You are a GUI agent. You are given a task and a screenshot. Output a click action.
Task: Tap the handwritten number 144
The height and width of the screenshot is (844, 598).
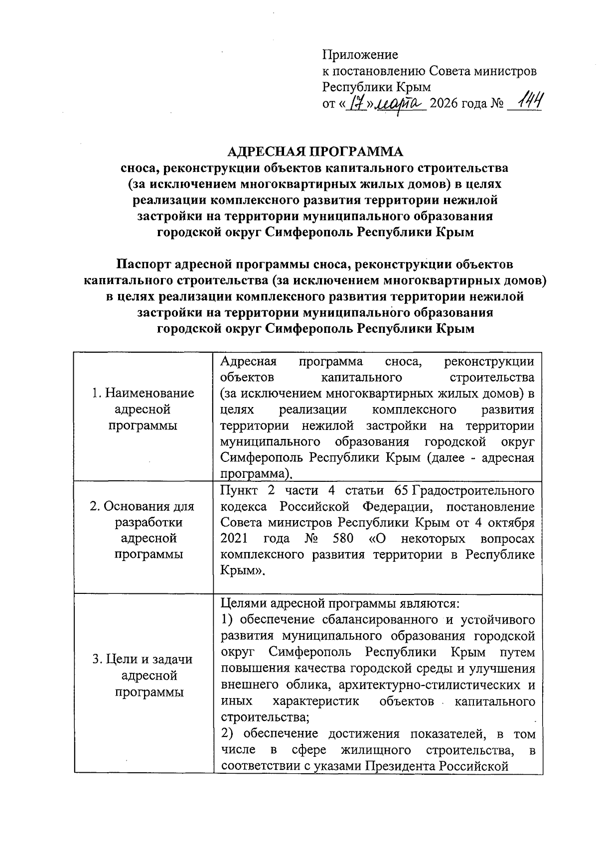(529, 103)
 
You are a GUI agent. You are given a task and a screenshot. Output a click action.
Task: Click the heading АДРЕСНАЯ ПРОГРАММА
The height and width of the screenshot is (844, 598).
(314, 151)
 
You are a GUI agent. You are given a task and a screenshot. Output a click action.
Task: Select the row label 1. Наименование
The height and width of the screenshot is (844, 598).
(143, 393)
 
